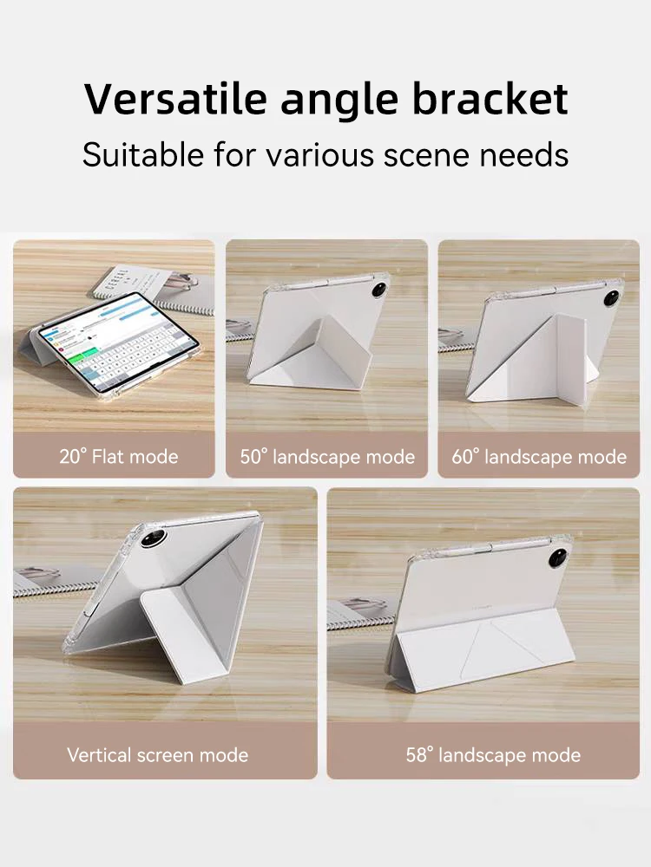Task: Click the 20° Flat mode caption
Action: [119, 456]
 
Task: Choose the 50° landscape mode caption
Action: [327, 456]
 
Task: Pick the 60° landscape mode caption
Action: [539, 456]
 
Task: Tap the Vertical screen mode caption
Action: [157, 755]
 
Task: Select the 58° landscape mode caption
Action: [493, 755]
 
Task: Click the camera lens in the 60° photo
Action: [613, 297]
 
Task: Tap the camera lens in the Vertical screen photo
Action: [155, 537]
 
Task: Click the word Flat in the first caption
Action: [109, 456]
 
